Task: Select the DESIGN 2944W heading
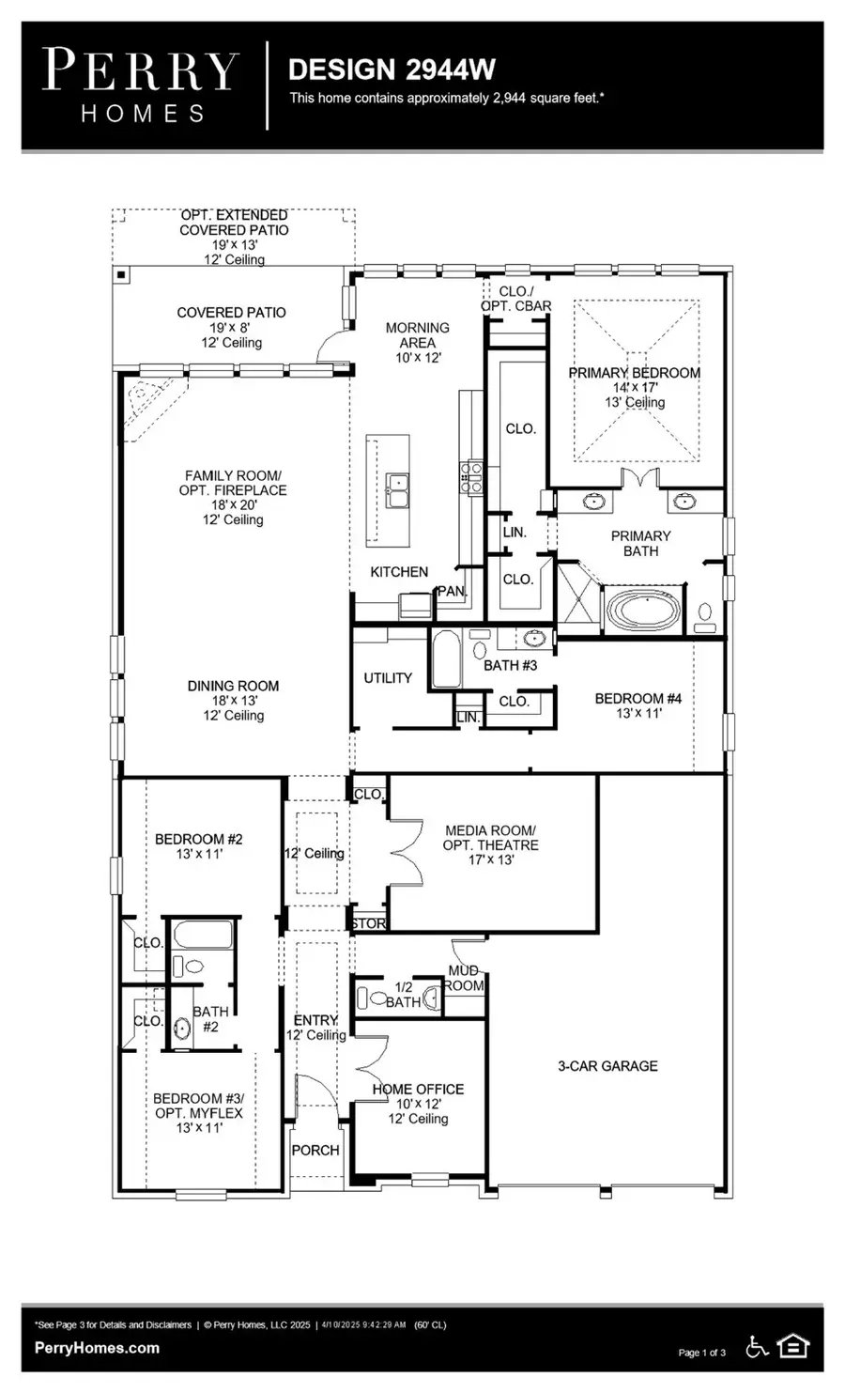(x=392, y=70)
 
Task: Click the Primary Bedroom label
(x=634, y=373)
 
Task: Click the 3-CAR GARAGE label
(x=607, y=1066)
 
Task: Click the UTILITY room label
(x=388, y=677)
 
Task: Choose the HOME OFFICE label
(x=418, y=1089)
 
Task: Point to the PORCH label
(x=315, y=1150)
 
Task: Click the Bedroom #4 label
(x=638, y=698)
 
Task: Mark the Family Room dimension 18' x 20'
(x=232, y=504)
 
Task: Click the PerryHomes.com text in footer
(x=97, y=1348)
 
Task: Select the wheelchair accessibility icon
(x=757, y=1347)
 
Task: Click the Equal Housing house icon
(x=793, y=1347)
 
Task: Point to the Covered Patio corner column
(x=121, y=275)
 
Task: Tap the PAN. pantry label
(x=452, y=591)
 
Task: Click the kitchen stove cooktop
(x=470, y=476)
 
